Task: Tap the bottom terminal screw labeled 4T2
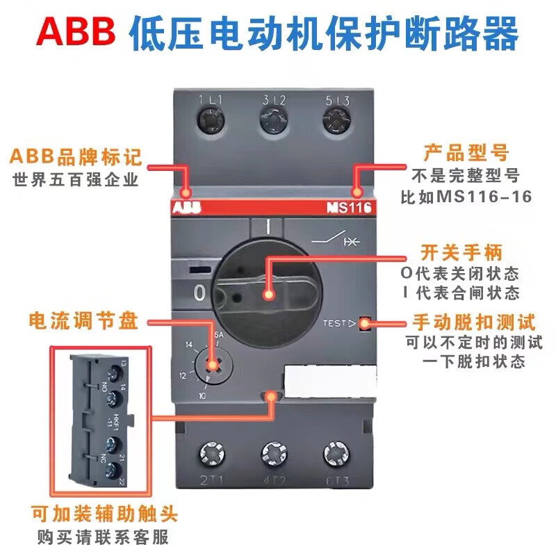click(x=273, y=455)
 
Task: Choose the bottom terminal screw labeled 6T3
click(x=336, y=455)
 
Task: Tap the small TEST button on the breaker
click(x=363, y=323)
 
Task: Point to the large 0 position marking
click(x=200, y=293)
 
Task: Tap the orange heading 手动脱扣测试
click(x=473, y=322)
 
